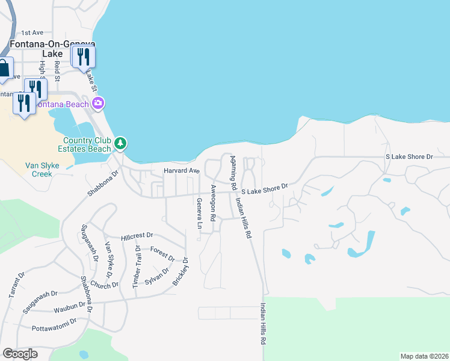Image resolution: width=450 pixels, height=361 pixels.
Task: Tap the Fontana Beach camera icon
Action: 98,103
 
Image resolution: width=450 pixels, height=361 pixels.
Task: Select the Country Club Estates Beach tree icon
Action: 121,143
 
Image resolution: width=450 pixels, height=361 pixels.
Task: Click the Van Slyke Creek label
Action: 39,169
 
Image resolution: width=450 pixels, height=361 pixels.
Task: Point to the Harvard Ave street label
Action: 181,171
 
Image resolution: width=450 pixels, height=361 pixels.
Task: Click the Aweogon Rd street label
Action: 213,202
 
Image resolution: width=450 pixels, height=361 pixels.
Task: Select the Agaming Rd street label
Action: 231,171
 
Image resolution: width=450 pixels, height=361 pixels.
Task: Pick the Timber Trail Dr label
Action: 136,265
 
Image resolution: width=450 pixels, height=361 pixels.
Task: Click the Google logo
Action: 20,354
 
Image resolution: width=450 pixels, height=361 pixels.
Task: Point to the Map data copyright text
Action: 424,356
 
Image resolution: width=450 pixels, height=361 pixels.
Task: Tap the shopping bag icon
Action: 3,69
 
